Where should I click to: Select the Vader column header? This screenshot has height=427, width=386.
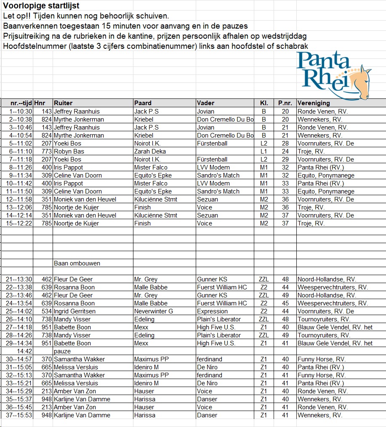point(205,103)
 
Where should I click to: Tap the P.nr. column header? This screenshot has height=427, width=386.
point(285,103)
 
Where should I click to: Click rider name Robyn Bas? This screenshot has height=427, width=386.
point(69,151)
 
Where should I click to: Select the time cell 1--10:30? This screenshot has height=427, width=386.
point(21,111)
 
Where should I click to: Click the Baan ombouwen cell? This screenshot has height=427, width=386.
point(77,263)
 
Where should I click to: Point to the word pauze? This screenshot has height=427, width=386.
point(62,351)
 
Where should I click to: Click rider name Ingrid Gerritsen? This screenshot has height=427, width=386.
point(75,311)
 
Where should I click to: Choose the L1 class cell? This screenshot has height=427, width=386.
point(264,151)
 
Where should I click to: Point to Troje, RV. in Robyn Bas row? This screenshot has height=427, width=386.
point(311,151)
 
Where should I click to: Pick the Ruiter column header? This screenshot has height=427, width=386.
point(63,103)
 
